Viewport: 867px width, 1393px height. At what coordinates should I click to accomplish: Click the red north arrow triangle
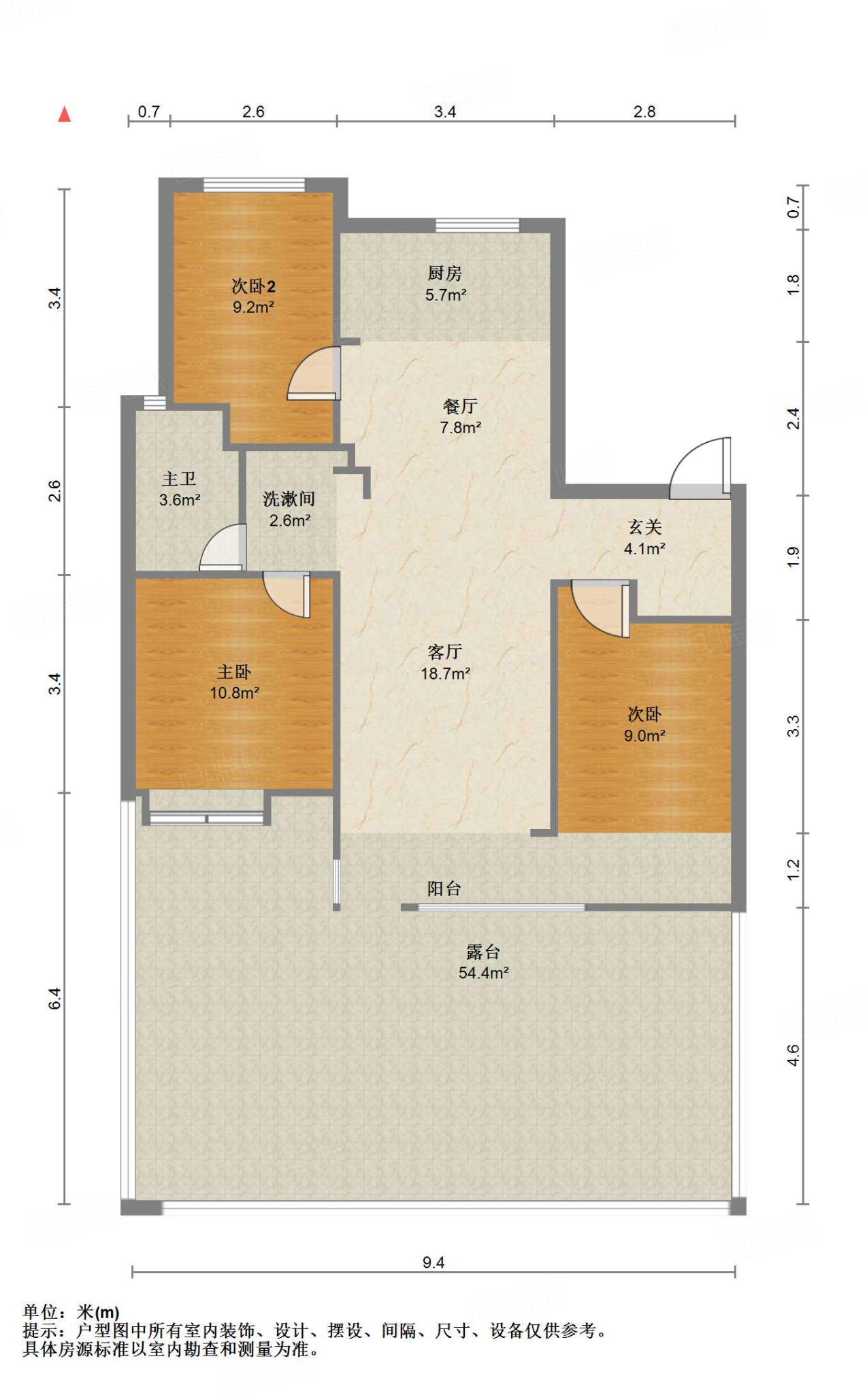coord(65,114)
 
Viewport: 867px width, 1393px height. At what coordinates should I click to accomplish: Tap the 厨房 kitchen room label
coord(445,273)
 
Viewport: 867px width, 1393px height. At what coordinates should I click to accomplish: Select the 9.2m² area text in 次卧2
coord(253,307)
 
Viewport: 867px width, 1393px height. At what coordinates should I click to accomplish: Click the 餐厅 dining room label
coord(460,406)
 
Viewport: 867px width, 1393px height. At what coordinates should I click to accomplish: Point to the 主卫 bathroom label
coord(179,479)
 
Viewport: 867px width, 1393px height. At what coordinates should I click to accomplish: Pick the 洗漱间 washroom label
coord(289,499)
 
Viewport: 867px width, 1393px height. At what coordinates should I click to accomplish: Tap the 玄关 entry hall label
coord(644,527)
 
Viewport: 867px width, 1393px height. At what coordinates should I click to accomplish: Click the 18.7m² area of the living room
coord(446,673)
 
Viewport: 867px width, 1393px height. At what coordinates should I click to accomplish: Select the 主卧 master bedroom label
coord(234,672)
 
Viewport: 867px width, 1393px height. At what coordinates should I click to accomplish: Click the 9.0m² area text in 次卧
coord(644,735)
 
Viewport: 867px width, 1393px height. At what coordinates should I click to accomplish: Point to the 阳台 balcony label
coord(444,888)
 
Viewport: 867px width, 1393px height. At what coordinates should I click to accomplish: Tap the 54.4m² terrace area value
coord(484,973)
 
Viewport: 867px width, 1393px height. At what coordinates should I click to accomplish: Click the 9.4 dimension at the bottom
coord(433,1262)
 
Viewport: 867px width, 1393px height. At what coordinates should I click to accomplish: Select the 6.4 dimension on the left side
coord(54,998)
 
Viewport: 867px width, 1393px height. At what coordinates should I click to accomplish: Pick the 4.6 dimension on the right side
coord(794,1056)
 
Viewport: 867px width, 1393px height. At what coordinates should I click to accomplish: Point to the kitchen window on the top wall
coord(477,225)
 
